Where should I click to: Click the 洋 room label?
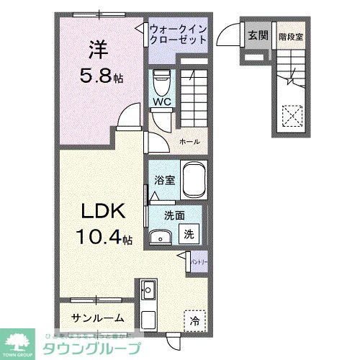point(98,51)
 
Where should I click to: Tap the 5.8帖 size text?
point(102,75)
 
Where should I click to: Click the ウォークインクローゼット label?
point(179,34)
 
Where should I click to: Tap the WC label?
point(161,102)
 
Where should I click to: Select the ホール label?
point(189,141)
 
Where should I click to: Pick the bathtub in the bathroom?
point(194,180)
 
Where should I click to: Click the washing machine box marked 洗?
point(187,233)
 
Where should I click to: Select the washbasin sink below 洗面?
point(161,235)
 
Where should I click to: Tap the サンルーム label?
point(97,318)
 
